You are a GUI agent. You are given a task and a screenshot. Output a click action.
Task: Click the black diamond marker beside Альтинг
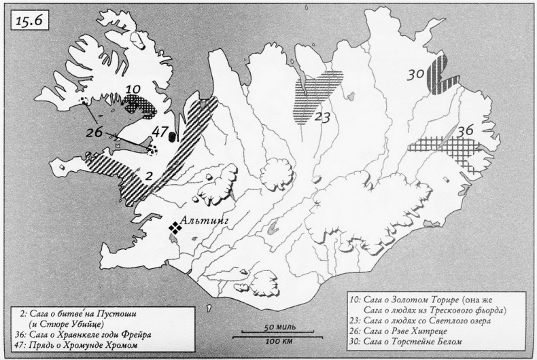(175, 229)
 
